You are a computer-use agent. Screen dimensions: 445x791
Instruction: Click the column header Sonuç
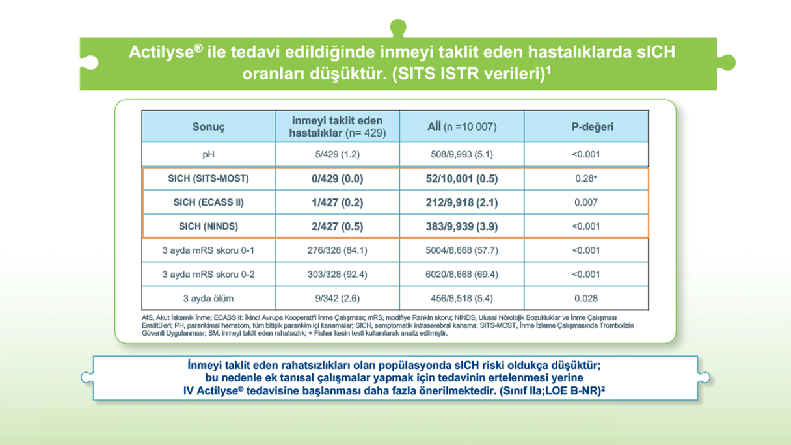point(208,127)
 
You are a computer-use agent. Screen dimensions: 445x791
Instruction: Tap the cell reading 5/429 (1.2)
point(337,155)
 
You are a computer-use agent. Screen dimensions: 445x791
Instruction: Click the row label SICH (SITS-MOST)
point(208,178)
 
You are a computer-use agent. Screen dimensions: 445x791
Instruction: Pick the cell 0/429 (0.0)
point(337,178)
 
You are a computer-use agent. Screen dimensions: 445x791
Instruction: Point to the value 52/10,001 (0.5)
point(461,178)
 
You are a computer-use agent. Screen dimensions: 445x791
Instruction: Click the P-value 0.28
point(585,178)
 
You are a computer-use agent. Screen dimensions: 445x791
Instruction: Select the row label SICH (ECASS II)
point(208,202)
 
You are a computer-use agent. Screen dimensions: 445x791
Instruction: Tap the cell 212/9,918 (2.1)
point(461,202)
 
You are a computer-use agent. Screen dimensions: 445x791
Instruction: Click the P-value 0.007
point(585,202)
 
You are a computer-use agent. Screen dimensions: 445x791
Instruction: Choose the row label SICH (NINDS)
point(208,226)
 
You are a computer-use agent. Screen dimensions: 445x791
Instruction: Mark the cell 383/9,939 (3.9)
point(461,226)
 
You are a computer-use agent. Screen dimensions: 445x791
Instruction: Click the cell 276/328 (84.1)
point(337,250)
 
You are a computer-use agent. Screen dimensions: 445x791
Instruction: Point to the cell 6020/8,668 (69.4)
point(461,275)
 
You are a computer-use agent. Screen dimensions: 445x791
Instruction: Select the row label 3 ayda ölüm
point(208,299)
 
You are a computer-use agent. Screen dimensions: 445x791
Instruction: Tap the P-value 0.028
point(585,299)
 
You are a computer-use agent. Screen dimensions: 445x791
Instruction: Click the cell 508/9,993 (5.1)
point(461,155)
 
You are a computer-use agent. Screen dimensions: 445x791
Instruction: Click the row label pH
point(208,155)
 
